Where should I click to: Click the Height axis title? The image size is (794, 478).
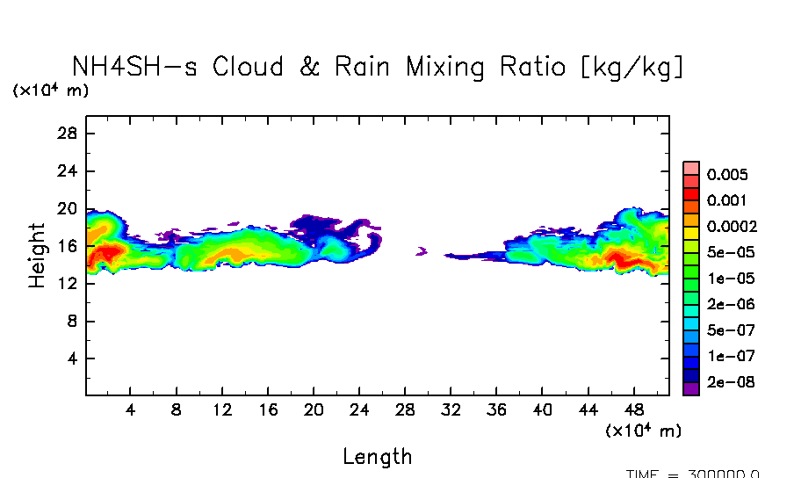point(37,256)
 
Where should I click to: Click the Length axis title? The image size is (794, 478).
point(377,456)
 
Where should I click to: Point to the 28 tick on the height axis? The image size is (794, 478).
point(69,134)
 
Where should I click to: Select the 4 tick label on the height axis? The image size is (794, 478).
point(74,359)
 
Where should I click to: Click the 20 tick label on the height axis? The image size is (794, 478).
point(69,209)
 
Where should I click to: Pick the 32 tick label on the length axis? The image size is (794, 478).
point(451,409)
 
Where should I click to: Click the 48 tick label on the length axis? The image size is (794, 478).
point(634,409)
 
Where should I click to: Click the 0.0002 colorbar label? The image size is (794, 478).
point(732,226)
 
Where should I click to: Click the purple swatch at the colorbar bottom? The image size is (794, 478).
point(691,388)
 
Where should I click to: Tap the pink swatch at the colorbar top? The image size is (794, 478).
point(691,167)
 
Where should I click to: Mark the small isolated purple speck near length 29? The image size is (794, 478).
point(421,252)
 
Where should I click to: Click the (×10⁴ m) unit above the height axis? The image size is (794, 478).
point(50,91)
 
